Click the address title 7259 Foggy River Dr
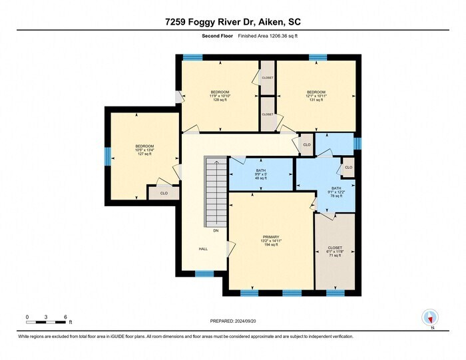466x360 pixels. (x=233, y=22)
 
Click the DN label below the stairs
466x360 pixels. (x=216, y=230)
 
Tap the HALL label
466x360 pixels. (x=203, y=249)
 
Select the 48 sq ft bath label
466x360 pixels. (x=261, y=178)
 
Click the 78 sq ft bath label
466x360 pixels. (x=336, y=196)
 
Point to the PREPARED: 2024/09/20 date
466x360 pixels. (x=232, y=321)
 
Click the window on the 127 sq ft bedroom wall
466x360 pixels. (x=107, y=156)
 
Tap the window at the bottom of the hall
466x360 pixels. (x=204, y=273)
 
